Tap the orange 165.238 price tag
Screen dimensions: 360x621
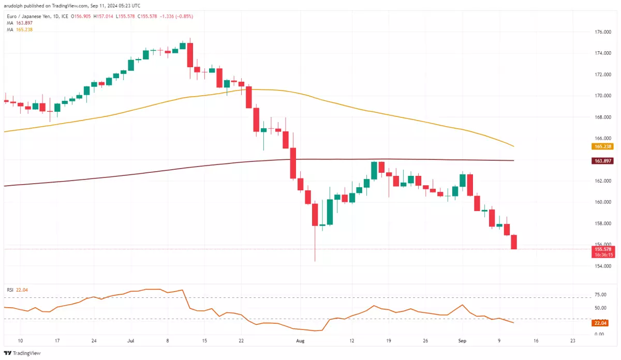point(601,146)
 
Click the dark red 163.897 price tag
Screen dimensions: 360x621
point(601,161)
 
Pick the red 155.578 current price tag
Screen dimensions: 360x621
point(601,249)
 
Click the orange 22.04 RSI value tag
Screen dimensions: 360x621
point(600,323)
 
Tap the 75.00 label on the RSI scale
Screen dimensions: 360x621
point(600,295)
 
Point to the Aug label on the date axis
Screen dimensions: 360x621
point(300,341)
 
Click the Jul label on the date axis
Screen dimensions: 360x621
point(130,341)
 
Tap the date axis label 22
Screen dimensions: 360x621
point(241,341)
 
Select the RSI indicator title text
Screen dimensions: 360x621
point(10,290)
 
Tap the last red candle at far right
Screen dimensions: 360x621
point(514,242)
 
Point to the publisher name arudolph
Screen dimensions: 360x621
point(16,6)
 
